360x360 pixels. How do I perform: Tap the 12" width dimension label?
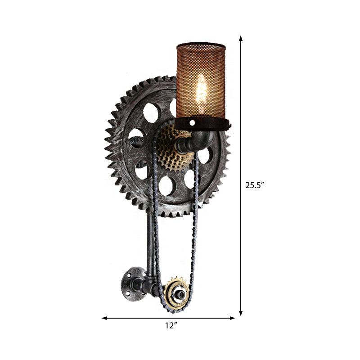(x=169, y=325)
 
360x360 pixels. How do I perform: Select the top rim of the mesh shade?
(x=201, y=46)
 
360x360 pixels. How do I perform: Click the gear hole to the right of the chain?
(x=204, y=155)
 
